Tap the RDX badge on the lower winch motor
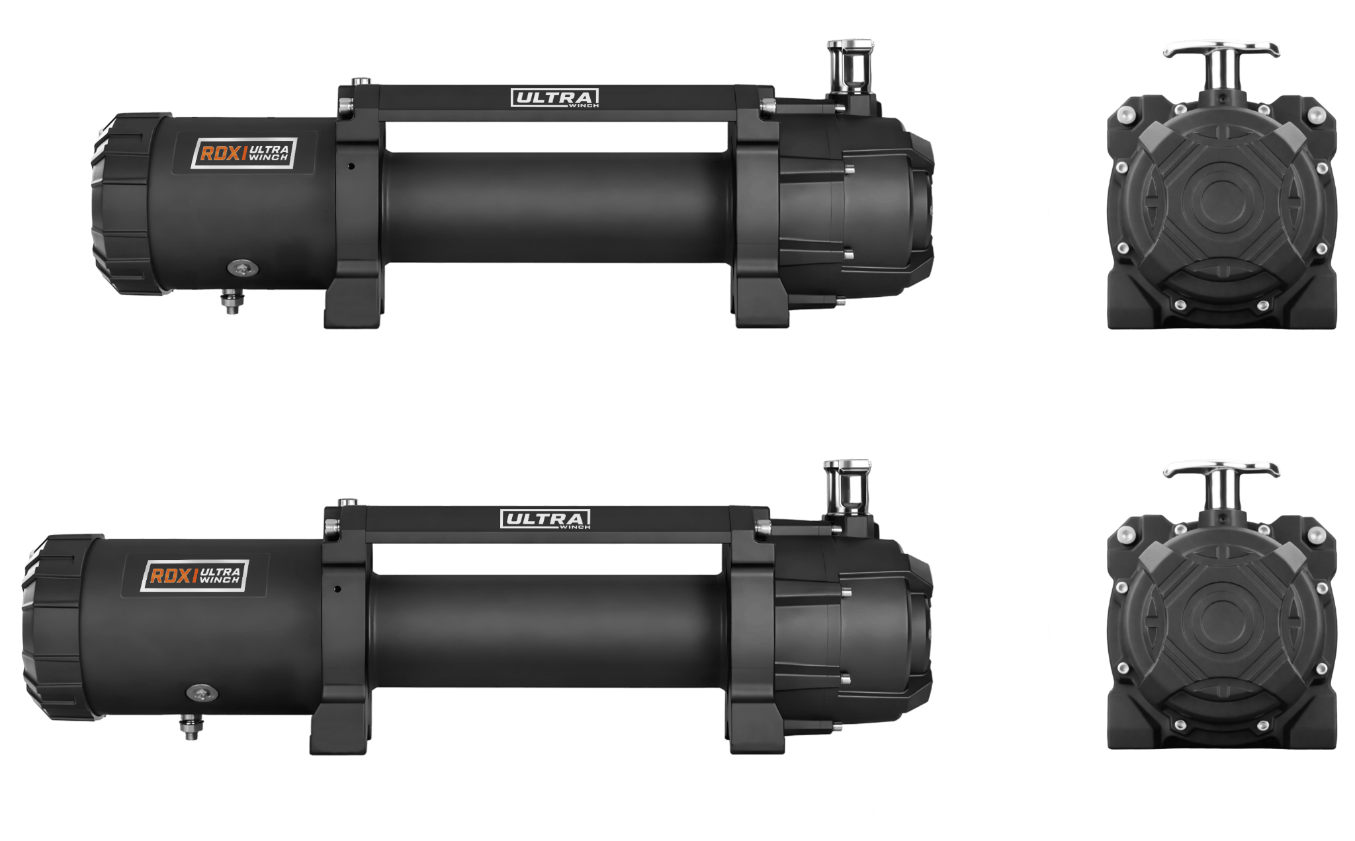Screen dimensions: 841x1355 coord(195,575)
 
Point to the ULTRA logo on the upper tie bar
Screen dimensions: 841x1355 coord(554,99)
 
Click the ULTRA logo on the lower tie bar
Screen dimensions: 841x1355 coord(545,520)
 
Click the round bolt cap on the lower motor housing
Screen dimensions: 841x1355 coord(202,693)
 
